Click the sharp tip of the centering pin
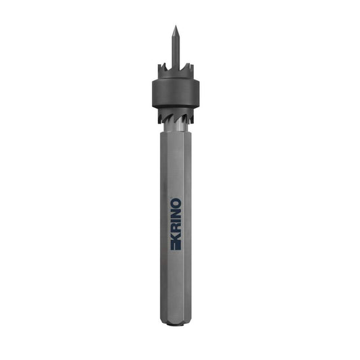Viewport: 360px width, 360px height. click(x=176, y=26)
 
